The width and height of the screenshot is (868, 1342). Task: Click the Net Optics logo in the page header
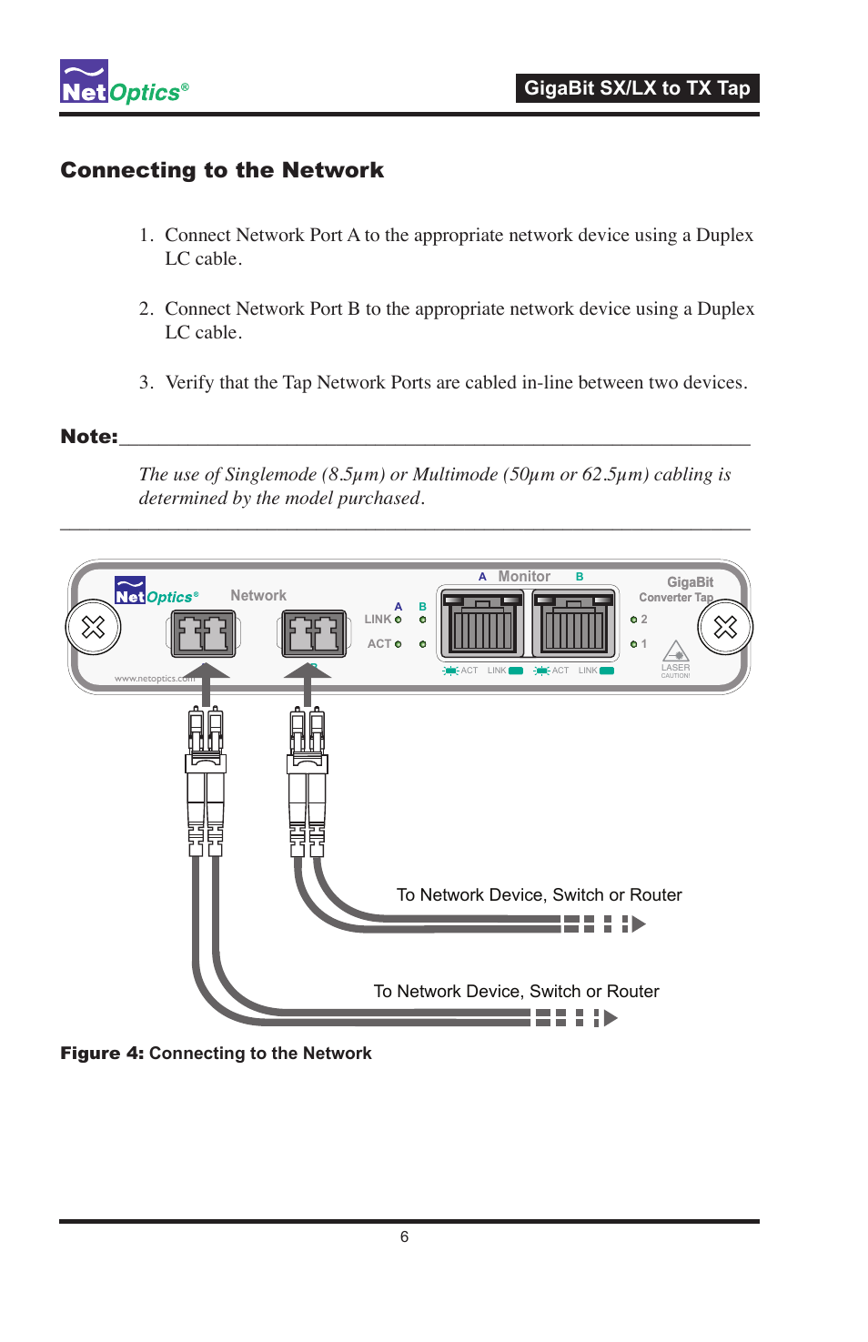[x=124, y=83]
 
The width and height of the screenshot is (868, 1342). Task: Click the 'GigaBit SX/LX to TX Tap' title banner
[x=637, y=88]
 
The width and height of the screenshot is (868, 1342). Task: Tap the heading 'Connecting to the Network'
[x=222, y=170]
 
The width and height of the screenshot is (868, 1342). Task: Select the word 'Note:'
[x=88, y=437]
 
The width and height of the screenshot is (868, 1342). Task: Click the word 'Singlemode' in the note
[x=270, y=474]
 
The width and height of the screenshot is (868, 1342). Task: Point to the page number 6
[x=404, y=1236]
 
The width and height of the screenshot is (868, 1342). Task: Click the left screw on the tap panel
[x=94, y=627]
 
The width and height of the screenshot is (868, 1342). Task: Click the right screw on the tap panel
[x=725, y=627]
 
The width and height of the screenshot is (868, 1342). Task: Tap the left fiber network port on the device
[x=204, y=633]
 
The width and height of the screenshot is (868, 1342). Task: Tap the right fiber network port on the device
[x=315, y=633]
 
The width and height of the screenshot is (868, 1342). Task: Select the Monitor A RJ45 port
[x=482, y=623]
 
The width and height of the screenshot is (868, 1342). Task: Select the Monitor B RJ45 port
[x=574, y=623]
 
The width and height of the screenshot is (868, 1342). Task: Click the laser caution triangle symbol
[x=675, y=651]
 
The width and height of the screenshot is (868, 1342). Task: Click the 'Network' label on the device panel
[x=258, y=595]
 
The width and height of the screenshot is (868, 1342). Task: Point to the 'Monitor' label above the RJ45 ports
[x=524, y=577]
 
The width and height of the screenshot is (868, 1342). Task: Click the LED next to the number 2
[x=634, y=620]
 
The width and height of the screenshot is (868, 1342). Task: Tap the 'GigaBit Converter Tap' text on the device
[x=678, y=590]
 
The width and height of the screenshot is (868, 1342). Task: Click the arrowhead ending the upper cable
[x=639, y=924]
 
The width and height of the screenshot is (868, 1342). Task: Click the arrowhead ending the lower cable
[x=611, y=1018]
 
